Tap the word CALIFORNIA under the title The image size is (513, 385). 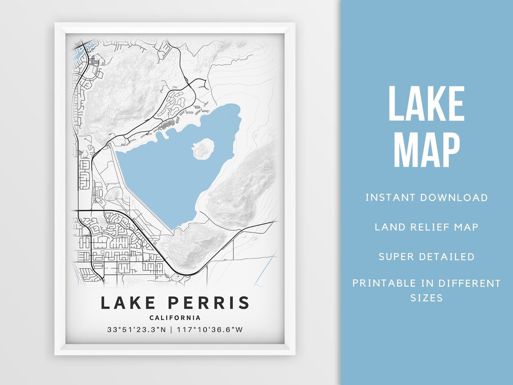(175, 318)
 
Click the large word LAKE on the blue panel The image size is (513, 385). (426, 105)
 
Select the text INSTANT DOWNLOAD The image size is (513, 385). (427, 197)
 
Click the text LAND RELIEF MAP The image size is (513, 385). (427, 227)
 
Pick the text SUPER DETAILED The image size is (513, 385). (427, 257)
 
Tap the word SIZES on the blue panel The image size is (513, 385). (427, 298)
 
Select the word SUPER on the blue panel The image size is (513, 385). (396, 257)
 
